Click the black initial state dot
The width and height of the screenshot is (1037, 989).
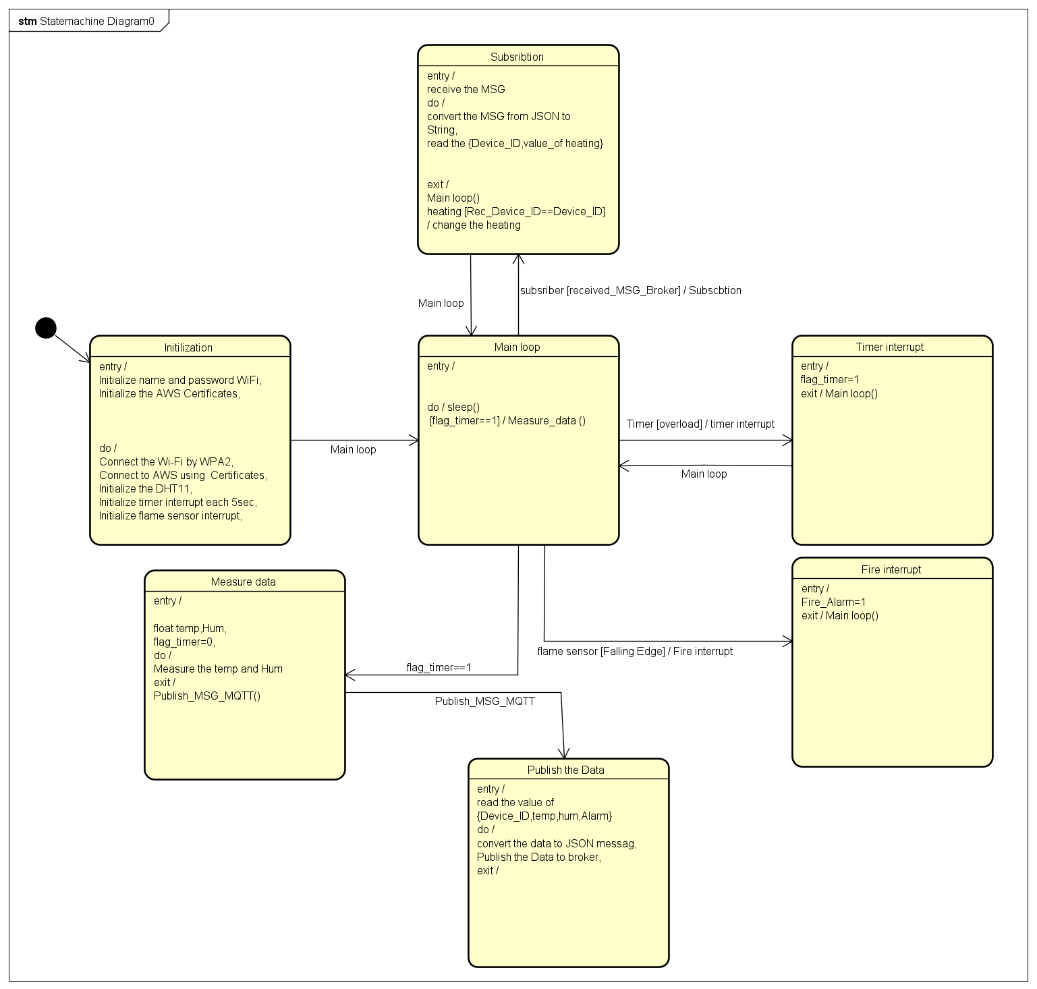[x=45, y=328]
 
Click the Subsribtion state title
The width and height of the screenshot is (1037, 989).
[x=517, y=57]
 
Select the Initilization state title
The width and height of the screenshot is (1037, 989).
[x=188, y=347]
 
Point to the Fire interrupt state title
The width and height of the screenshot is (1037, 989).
[x=891, y=569]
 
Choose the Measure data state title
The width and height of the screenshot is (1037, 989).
[x=243, y=582]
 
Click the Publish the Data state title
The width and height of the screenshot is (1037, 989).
[x=565, y=770]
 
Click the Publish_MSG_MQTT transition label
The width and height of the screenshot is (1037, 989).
[x=484, y=702]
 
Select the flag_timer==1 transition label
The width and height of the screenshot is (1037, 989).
[x=439, y=667]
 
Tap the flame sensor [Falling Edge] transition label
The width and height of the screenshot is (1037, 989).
[x=634, y=651]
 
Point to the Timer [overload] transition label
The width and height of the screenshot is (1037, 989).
[x=700, y=424]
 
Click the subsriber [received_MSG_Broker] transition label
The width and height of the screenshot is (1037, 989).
[x=630, y=290]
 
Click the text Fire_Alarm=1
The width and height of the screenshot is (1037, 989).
[x=833, y=602]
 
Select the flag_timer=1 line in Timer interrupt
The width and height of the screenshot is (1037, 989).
[x=829, y=380]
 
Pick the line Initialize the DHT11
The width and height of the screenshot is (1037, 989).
[x=145, y=488]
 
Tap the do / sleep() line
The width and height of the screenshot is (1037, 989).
[x=453, y=407]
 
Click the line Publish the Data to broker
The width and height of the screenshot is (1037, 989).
[x=538, y=857]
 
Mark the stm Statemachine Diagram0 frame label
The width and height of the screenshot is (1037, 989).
[x=86, y=21]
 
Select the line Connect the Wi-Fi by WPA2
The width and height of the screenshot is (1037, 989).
[x=165, y=461]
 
